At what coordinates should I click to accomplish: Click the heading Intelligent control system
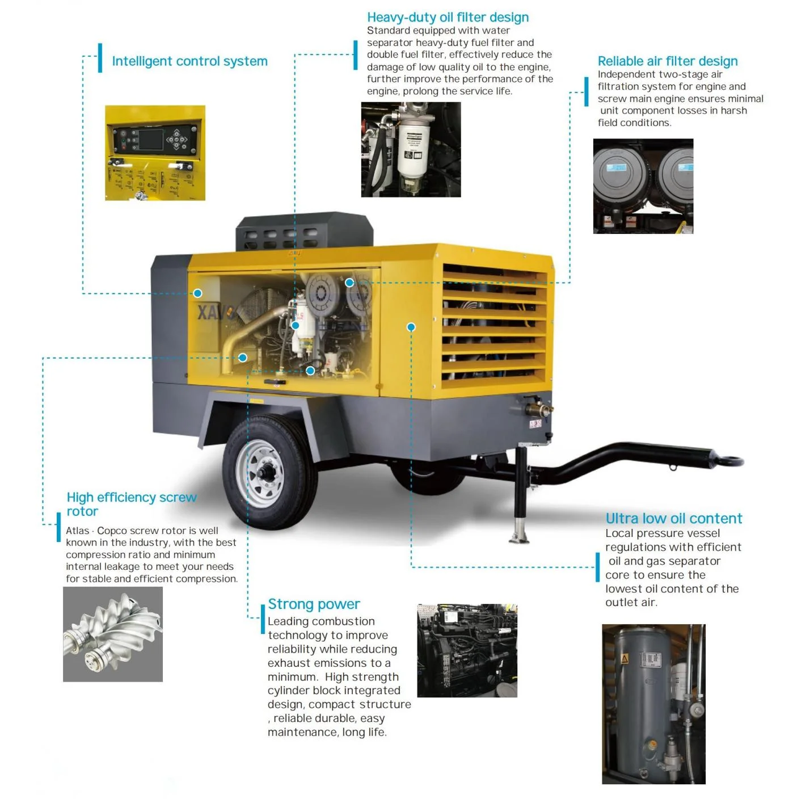click(189, 61)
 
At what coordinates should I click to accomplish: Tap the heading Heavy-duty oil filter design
click(448, 18)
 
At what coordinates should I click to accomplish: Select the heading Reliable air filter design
click(667, 61)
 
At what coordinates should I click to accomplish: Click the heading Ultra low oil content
click(673, 518)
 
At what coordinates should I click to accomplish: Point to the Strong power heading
click(314, 604)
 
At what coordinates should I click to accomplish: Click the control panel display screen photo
click(154, 152)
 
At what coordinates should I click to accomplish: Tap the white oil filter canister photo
click(411, 149)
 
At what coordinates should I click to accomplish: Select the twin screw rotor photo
click(112, 634)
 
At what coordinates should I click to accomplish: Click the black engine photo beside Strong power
click(467, 650)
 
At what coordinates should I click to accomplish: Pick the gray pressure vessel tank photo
click(653, 704)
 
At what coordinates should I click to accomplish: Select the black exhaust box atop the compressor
click(304, 231)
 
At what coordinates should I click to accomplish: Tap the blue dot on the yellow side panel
click(411, 327)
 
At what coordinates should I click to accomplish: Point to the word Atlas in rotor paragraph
click(78, 531)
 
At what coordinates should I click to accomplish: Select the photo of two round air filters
click(643, 186)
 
